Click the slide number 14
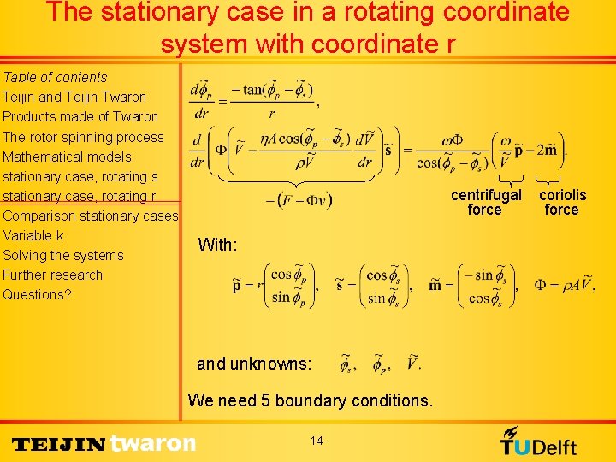click(x=317, y=441)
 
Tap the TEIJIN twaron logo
click(x=104, y=443)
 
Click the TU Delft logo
click(x=539, y=441)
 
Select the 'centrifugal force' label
click(x=486, y=202)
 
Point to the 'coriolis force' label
click(x=562, y=202)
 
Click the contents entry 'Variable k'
click(x=33, y=235)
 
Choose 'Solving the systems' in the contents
click(x=63, y=255)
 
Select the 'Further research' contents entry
click(x=52, y=275)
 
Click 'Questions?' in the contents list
click(x=37, y=294)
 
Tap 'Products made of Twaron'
click(x=80, y=116)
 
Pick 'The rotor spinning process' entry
click(x=83, y=137)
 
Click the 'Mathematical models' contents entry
click(x=67, y=157)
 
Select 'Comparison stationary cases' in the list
click(x=90, y=216)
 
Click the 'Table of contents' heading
click(x=55, y=77)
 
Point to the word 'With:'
click(x=217, y=245)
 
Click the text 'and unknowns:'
click(x=254, y=364)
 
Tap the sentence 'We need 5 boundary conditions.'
click(x=310, y=400)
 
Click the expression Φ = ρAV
click(x=563, y=285)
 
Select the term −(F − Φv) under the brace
click(x=299, y=200)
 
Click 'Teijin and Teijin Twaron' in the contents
click(x=74, y=97)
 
